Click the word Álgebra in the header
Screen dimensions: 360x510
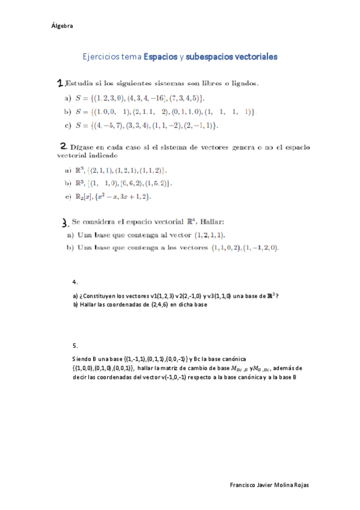[63, 26]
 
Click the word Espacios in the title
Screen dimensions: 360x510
[160, 57]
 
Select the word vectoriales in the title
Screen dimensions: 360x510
[251, 57]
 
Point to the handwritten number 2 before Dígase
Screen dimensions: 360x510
[63, 146]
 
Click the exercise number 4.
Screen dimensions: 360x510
[75, 281]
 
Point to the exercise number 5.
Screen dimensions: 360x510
[75, 346]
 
